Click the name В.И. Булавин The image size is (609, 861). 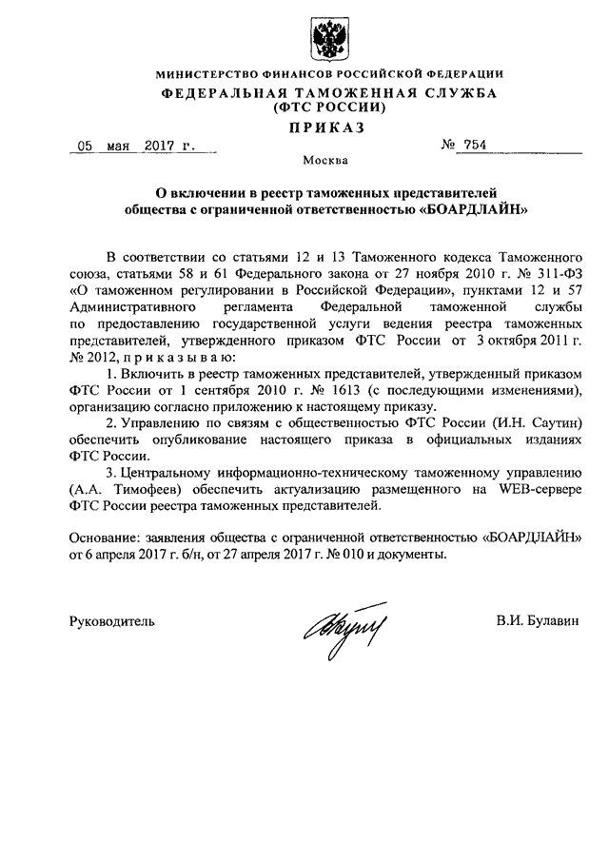[536, 620]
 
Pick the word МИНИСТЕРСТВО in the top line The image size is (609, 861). [207, 74]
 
